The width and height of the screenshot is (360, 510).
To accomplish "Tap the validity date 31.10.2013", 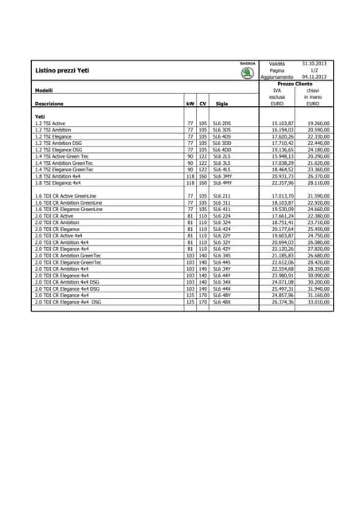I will click(x=314, y=63).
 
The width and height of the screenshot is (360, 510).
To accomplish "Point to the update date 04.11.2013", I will click(x=314, y=76).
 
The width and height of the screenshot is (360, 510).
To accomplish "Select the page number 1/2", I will click(x=314, y=70).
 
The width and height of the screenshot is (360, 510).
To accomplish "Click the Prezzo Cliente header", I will click(x=295, y=84).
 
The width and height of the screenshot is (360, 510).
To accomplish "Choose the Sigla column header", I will click(x=221, y=104).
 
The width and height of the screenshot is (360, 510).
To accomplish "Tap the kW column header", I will click(x=190, y=104).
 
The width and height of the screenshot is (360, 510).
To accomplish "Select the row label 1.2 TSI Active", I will click(x=50, y=124).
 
